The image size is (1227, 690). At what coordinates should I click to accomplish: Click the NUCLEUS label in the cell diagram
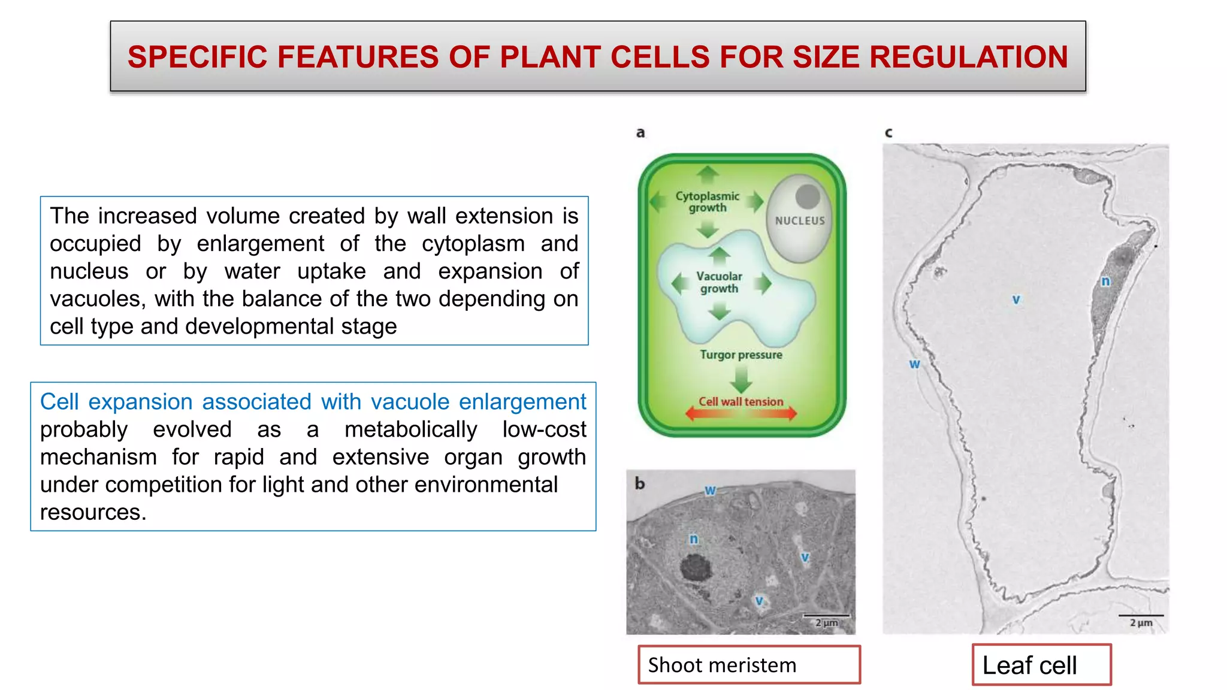click(800, 220)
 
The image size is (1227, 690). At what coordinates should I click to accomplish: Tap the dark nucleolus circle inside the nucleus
click(808, 196)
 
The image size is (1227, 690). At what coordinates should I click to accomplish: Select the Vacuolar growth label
click(719, 282)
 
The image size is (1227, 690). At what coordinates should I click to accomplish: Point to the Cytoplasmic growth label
click(707, 202)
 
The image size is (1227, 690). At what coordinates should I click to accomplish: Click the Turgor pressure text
click(741, 355)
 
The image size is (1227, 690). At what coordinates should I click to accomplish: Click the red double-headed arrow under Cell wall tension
click(741, 413)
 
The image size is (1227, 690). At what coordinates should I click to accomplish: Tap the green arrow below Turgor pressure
click(742, 379)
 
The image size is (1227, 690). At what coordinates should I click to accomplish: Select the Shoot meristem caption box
click(748, 665)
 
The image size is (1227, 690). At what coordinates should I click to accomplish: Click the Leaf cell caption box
click(1041, 665)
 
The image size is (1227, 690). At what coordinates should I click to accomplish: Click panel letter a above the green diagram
click(640, 132)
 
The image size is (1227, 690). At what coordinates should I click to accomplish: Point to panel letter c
click(888, 132)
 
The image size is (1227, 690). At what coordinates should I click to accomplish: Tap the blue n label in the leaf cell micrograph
click(1105, 281)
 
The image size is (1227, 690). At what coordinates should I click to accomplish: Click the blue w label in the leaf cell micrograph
click(914, 364)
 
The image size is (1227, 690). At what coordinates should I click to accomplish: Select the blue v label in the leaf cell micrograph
click(1016, 299)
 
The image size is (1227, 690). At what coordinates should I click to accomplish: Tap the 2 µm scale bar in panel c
click(1141, 616)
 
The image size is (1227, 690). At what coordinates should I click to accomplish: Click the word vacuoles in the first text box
click(96, 298)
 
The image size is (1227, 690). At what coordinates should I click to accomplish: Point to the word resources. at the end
click(93, 512)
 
